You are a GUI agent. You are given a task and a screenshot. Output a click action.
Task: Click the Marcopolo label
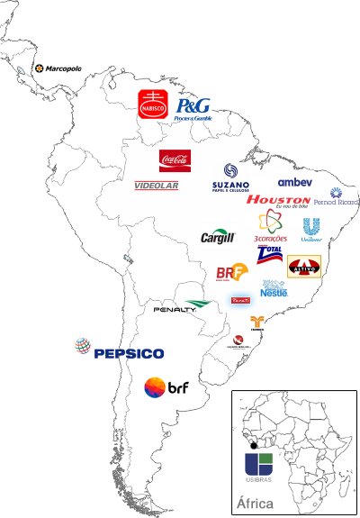tap(63, 68)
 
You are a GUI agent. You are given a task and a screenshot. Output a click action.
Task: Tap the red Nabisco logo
tap(154, 106)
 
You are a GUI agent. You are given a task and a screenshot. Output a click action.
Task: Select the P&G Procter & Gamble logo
tap(193, 110)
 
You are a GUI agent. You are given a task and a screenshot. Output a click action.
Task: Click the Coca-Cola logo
tap(175, 160)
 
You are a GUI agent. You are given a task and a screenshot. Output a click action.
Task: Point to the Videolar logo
tap(157, 186)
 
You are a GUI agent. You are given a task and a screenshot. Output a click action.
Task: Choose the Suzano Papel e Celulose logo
tap(231, 177)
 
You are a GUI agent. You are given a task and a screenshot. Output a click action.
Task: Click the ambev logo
tap(295, 182)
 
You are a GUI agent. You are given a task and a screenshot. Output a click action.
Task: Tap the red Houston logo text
tap(278, 201)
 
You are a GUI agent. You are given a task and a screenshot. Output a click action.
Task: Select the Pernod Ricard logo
tap(337, 198)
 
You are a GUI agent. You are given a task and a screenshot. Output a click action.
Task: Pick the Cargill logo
tap(218, 237)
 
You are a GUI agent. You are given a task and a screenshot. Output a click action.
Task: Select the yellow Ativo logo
tap(304, 267)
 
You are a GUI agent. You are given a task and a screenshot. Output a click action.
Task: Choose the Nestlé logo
tap(274, 289)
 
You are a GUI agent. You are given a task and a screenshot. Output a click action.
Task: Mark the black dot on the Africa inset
tap(256, 447)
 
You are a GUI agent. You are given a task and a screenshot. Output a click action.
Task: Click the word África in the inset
tap(254, 503)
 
